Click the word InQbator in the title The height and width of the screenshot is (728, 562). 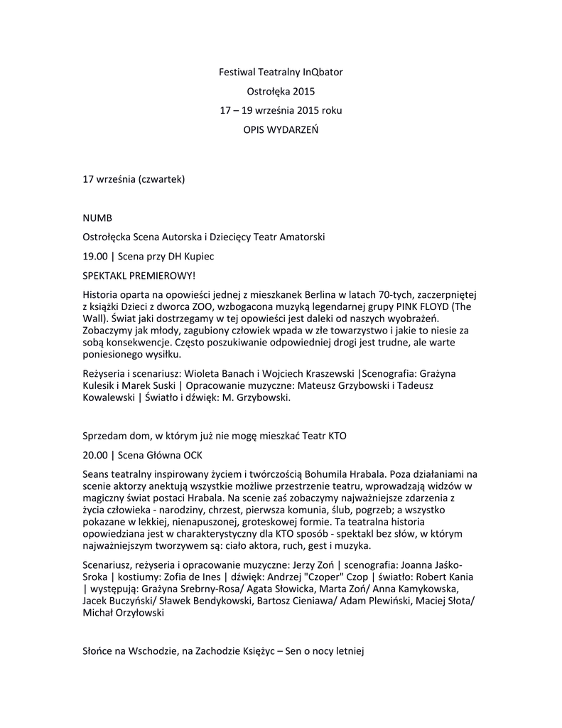323,72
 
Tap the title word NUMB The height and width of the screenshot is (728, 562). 97,217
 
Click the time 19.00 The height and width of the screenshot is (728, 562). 95,255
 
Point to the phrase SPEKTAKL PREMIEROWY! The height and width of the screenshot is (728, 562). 138,274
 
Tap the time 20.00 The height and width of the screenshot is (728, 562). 95,454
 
